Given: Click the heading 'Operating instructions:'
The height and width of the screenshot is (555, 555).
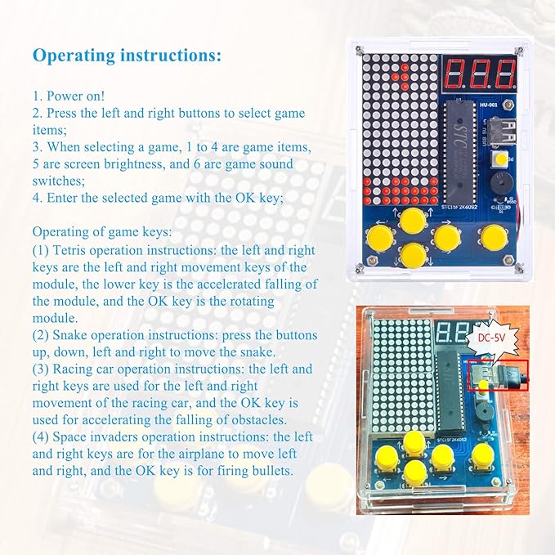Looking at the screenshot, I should tap(127, 56).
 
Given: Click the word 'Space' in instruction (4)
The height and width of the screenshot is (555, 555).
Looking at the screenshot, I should tap(73, 437).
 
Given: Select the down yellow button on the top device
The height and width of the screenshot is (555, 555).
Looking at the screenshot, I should tap(413, 256).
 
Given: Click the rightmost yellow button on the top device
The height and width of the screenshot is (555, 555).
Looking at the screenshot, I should tap(492, 238).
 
